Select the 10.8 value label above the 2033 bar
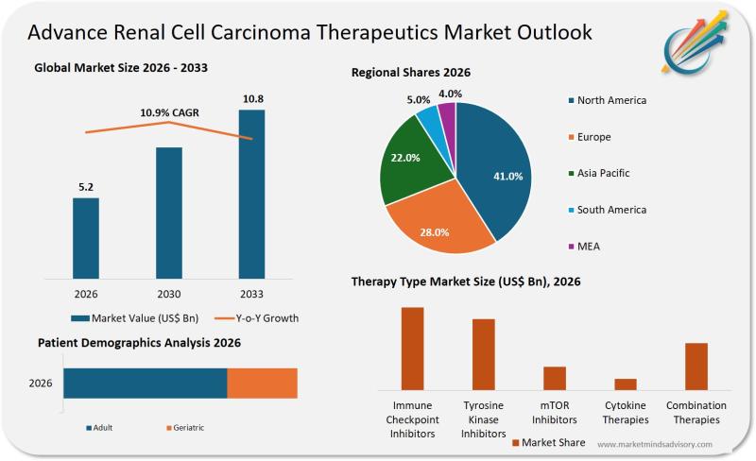tap(251, 98)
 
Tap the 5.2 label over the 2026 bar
tap(85, 186)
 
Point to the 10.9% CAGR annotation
tap(169, 112)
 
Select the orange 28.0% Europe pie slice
tap(437, 223)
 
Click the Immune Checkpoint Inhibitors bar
tap(412, 349)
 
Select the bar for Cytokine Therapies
tap(626, 384)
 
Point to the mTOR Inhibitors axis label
tap(554, 413)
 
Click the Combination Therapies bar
tap(696, 367)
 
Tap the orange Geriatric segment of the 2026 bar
tap(262, 384)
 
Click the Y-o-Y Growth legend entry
tap(255, 318)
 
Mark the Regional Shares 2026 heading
tap(411, 73)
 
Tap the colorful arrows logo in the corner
tap(700, 43)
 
